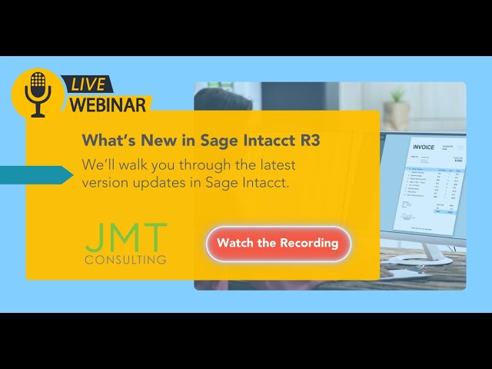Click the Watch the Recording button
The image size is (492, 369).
pyautogui.click(x=278, y=244)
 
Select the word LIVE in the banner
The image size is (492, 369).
pyautogui.click(x=89, y=85)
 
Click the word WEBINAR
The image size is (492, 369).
pyautogui.click(x=108, y=105)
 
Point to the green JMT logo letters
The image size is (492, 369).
pyautogui.click(x=125, y=238)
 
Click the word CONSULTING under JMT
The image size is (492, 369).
pyautogui.click(x=125, y=260)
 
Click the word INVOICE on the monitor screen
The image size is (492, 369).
pyautogui.click(x=424, y=147)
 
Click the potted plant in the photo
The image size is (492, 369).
pyautogui.click(x=397, y=108)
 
